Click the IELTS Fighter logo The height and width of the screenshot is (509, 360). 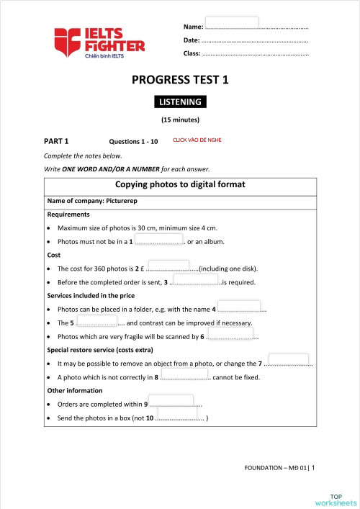[x=99, y=42]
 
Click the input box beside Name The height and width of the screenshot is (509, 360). [x=232, y=22]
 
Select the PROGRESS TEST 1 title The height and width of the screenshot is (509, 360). [x=180, y=81]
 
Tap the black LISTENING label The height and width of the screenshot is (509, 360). [x=180, y=102]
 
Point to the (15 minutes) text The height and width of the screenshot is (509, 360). [x=180, y=120]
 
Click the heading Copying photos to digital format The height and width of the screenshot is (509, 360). [x=180, y=184]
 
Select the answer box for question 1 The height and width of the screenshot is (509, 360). [x=159, y=239]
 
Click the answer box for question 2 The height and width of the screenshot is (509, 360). [x=168, y=266]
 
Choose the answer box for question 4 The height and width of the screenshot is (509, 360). [x=238, y=307]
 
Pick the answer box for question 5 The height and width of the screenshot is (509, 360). [x=96, y=320]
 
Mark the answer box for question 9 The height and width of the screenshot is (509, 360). [x=171, y=401]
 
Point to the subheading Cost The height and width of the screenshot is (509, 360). [x=54, y=255]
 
